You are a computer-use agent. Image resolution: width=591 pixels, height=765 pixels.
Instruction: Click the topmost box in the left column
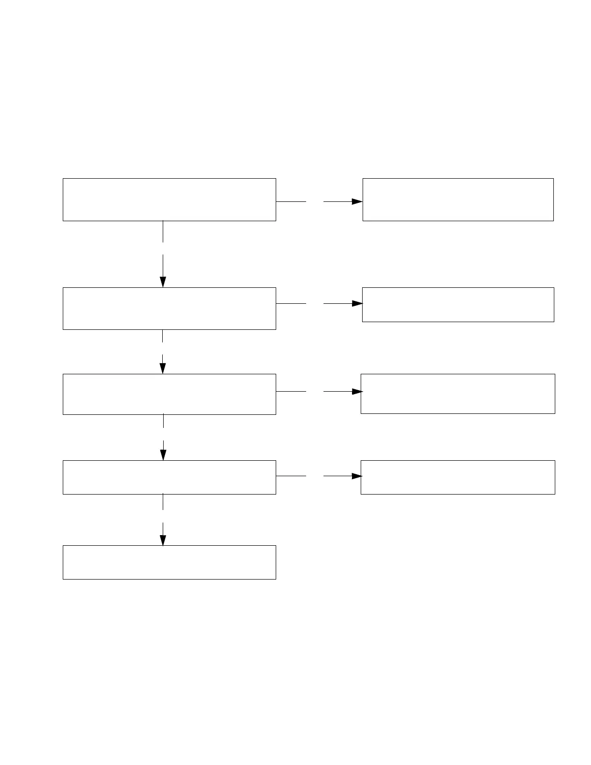click(x=169, y=199)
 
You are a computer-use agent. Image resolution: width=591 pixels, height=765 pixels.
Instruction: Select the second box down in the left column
click(x=169, y=309)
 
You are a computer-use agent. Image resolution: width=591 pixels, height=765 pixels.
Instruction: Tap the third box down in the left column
click(x=169, y=394)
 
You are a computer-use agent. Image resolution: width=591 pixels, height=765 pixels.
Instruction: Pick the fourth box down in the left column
click(x=169, y=477)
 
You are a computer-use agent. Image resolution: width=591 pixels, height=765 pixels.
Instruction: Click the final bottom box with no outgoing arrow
click(x=169, y=562)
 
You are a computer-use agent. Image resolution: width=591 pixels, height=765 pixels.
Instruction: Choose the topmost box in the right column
click(x=458, y=199)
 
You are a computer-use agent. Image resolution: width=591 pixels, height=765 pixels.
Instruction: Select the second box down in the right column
click(x=458, y=305)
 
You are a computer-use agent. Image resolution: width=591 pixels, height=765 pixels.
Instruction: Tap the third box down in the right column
click(x=458, y=394)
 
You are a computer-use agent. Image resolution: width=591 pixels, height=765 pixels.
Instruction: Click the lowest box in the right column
click(x=458, y=477)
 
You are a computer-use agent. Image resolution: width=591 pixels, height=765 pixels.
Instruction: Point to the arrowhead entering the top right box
click(x=357, y=201)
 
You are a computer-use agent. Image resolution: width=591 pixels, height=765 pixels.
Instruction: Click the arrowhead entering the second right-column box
click(x=357, y=303)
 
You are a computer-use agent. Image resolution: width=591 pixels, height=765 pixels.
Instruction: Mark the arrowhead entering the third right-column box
click(x=357, y=391)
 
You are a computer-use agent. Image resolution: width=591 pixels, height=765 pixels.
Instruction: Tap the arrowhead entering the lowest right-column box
click(x=357, y=476)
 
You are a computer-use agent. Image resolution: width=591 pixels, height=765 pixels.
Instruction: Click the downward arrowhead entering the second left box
click(x=163, y=282)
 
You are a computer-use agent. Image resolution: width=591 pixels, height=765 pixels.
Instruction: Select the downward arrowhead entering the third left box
click(x=163, y=368)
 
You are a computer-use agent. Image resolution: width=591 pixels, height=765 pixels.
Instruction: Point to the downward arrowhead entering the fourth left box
click(x=163, y=455)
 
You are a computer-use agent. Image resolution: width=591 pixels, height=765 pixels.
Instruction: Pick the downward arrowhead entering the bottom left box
click(x=163, y=540)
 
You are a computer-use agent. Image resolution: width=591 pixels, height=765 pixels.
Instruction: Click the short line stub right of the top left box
click(x=291, y=201)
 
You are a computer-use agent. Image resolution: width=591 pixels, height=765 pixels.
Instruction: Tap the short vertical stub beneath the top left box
click(x=163, y=231)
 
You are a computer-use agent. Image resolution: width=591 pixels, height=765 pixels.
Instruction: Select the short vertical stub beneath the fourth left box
click(x=163, y=502)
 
